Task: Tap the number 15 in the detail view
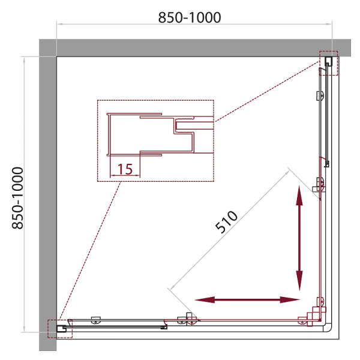click(125, 169)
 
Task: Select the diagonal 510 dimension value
click(227, 222)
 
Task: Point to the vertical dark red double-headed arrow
click(299, 238)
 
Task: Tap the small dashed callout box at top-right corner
click(329, 63)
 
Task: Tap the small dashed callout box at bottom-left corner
click(60, 328)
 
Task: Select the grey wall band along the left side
click(47, 198)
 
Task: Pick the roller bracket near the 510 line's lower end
click(190, 319)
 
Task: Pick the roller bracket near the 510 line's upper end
click(320, 186)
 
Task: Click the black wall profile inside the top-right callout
click(329, 61)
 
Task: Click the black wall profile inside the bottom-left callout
click(61, 328)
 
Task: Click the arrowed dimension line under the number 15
click(125, 176)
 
